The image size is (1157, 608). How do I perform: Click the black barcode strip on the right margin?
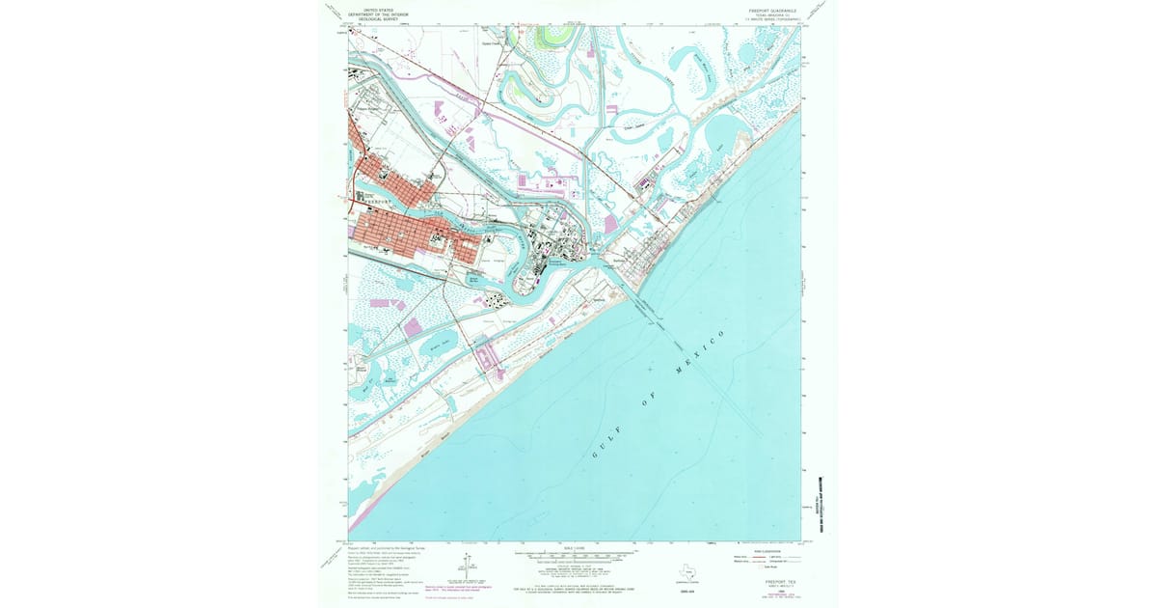click(x=822, y=502)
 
